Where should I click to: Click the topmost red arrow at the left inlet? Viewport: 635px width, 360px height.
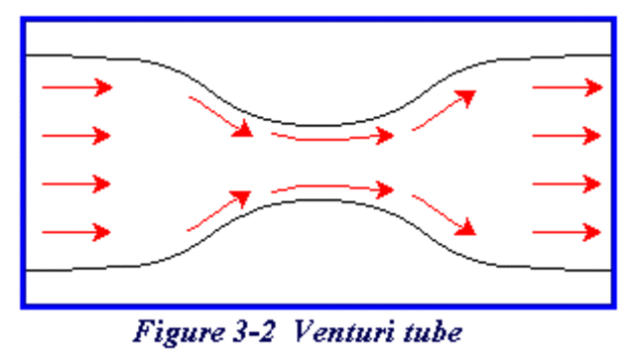click(x=76, y=87)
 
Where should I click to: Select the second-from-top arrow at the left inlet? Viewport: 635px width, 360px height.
click(x=76, y=135)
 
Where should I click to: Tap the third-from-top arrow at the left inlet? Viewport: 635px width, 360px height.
click(x=76, y=183)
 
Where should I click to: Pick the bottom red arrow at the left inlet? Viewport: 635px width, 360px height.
click(x=76, y=232)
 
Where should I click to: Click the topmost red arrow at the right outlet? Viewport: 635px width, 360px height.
click(x=568, y=87)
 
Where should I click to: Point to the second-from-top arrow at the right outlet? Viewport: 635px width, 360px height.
click(x=568, y=135)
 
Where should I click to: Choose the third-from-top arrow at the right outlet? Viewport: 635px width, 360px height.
click(x=568, y=183)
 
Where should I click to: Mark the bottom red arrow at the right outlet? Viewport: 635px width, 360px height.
click(x=568, y=232)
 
